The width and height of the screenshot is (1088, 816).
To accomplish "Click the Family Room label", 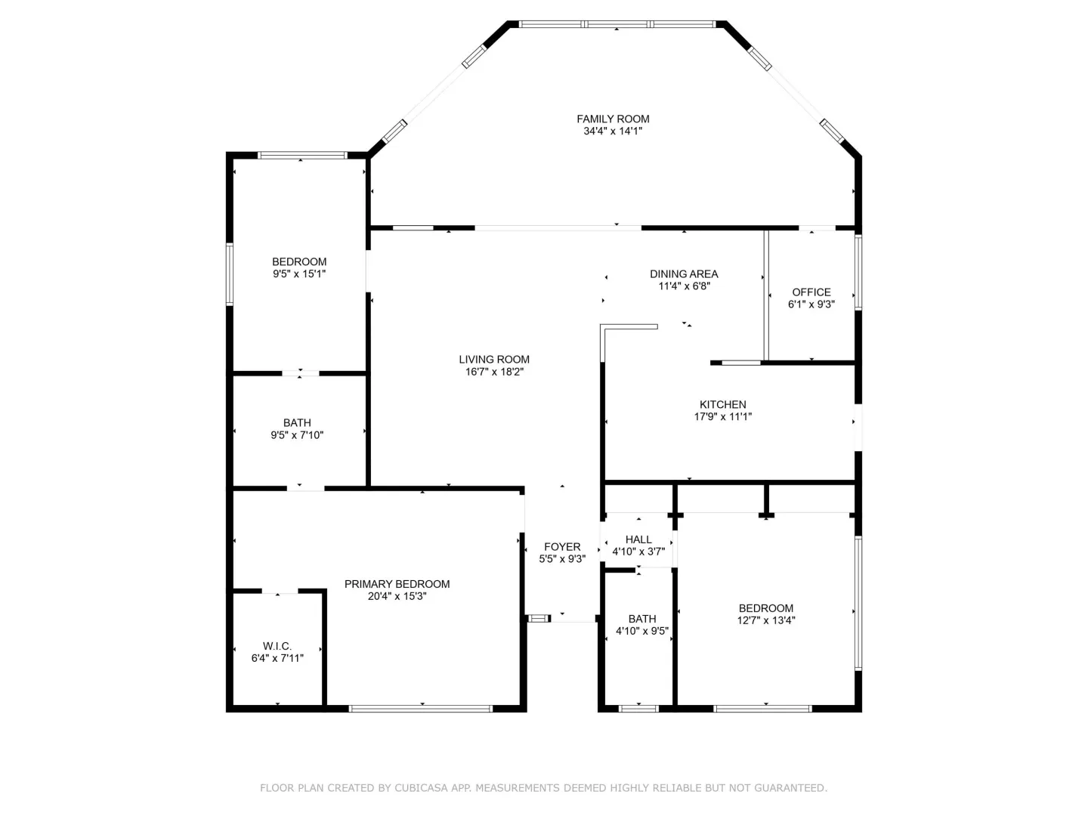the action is [x=613, y=119].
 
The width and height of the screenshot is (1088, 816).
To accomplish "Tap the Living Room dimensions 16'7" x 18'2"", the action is [x=494, y=372].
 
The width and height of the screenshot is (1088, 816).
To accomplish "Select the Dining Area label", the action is [x=684, y=274].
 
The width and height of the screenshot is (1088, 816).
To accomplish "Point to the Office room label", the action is [x=811, y=292].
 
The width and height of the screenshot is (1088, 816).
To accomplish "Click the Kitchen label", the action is [x=723, y=404].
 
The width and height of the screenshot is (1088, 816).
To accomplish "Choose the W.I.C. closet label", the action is [x=277, y=646].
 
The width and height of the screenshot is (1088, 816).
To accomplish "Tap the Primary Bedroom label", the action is [x=397, y=584].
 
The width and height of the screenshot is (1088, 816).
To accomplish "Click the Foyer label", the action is [x=562, y=546].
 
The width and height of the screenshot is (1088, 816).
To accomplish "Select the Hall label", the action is [x=638, y=539].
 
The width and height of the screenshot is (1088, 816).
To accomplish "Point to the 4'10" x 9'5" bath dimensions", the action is [x=642, y=631].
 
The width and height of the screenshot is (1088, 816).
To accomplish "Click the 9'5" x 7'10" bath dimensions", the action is [x=297, y=435].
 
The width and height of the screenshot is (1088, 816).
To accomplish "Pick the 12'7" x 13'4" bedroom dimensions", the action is [x=766, y=620].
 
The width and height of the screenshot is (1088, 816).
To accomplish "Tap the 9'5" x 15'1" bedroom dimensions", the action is [x=299, y=274].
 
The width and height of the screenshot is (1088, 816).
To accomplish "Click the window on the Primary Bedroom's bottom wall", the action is [x=421, y=709].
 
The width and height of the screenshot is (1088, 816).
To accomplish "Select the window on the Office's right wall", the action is [x=858, y=273].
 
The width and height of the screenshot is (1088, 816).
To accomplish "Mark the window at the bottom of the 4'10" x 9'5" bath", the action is [x=638, y=709].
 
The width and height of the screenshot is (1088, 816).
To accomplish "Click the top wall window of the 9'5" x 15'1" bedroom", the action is [x=302, y=155].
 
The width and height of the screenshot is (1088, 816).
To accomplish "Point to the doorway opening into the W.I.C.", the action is [x=280, y=591].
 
